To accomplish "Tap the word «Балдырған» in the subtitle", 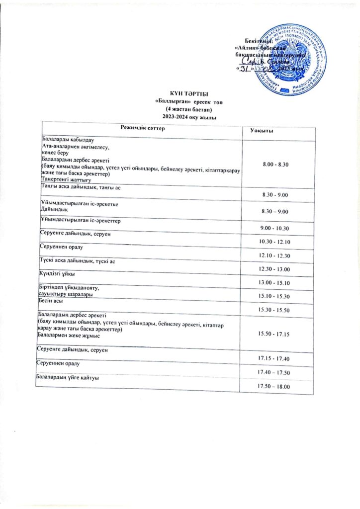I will tap(173, 102).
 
